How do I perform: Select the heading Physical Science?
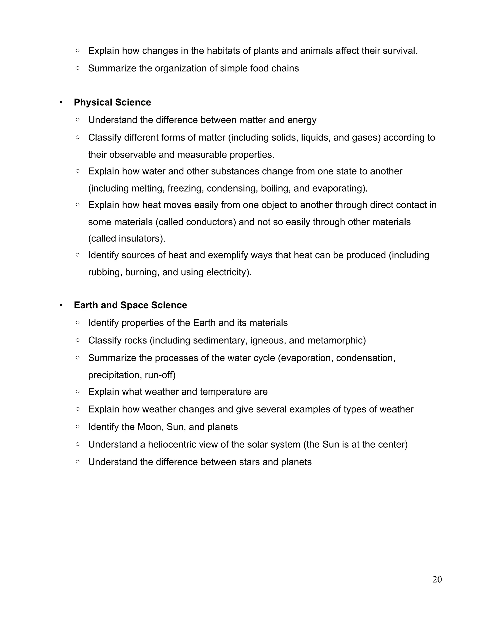(112, 102)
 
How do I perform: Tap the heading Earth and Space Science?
(130, 305)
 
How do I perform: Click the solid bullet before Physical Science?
(61, 103)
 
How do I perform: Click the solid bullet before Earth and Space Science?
(61, 305)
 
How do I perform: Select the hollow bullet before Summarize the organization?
(78, 68)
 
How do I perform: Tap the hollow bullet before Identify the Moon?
(78, 427)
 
